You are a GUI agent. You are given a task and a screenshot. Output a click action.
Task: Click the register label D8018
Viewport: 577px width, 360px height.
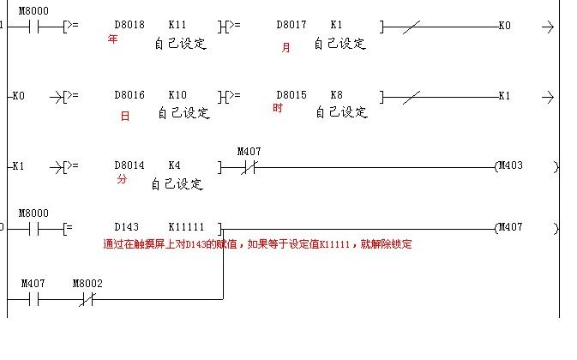(129, 27)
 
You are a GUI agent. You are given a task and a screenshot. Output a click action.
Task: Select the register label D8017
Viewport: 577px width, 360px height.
(292, 27)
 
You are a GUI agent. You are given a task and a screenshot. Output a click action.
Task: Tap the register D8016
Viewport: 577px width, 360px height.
(129, 96)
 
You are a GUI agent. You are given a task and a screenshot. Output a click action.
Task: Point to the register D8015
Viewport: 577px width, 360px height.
(292, 96)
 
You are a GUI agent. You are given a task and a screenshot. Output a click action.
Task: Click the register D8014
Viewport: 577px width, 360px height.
(129, 165)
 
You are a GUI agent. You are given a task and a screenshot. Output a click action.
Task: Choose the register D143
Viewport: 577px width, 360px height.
(126, 228)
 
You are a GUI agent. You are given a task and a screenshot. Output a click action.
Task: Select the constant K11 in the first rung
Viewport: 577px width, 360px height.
(177, 27)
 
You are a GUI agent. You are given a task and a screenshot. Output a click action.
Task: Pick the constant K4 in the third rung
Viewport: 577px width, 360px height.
(174, 165)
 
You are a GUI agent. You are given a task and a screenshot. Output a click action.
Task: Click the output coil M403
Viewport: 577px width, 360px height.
(511, 165)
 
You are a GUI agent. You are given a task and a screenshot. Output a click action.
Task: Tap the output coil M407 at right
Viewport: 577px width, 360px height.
(511, 228)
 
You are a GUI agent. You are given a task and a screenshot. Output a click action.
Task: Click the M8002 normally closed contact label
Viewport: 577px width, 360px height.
(87, 283)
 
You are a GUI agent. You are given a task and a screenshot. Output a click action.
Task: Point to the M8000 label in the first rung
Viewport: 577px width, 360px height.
(33, 10)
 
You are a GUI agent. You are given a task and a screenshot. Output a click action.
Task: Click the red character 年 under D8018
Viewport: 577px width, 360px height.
(112, 39)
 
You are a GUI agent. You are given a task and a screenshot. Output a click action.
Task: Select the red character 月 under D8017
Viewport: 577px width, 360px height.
(286, 48)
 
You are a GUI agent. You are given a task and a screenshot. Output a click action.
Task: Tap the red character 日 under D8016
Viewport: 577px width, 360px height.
(125, 117)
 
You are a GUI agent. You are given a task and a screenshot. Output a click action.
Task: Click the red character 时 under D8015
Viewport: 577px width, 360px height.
(278, 109)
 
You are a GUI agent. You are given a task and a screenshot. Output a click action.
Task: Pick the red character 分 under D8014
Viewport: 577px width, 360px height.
(121, 179)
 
